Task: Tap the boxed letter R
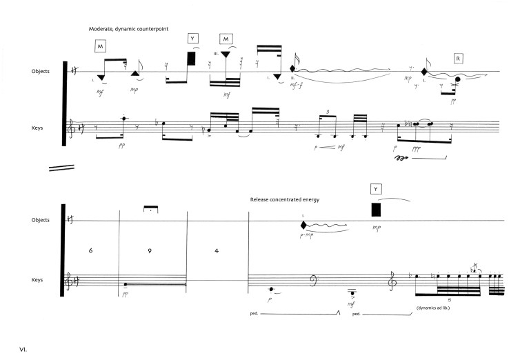pos(459,59)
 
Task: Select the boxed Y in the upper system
pos(192,39)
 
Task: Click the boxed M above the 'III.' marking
pos(226,39)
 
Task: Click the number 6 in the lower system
pos(90,251)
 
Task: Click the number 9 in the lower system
pos(149,251)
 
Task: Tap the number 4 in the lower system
pos(217,251)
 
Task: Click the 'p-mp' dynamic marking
pos(308,236)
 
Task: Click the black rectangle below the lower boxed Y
pos(376,210)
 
